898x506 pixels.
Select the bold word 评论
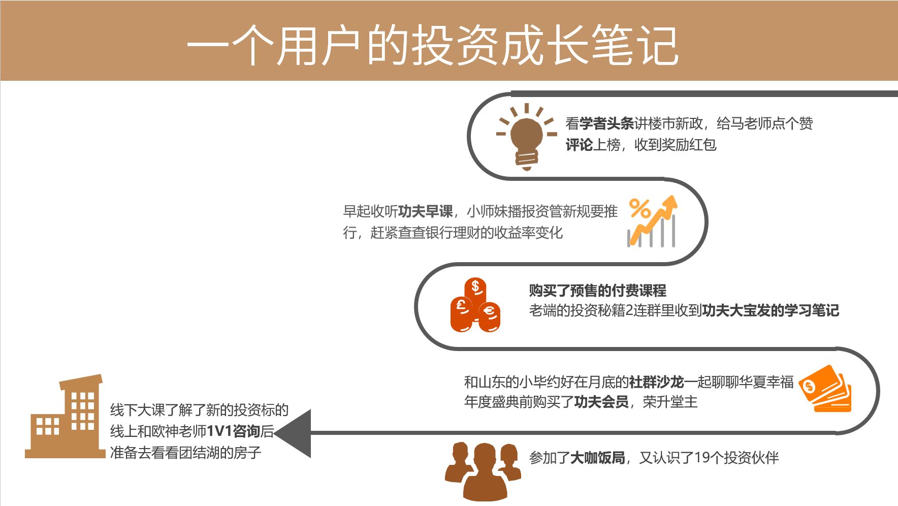click(x=579, y=145)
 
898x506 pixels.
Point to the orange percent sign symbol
click(x=639, y=208)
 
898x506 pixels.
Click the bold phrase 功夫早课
click(x=425, y=211)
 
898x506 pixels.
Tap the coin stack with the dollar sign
click(x=475, y=292)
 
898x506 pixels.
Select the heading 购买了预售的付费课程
click(x=597, y=291)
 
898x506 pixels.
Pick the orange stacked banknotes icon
click(x=825, y=389)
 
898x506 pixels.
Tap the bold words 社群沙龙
click(x=656, y=382)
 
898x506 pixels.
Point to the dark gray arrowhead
click(x=294, y=433)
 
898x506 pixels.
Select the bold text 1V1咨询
click(x=233, y=431)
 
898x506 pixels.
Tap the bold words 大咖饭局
click(x=597, y=458)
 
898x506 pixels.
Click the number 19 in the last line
click(x=701, y=458)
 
